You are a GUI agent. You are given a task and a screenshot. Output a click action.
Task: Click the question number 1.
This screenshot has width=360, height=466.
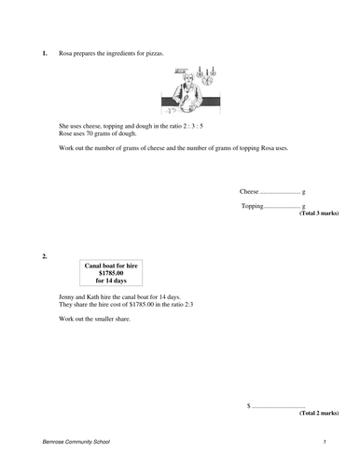point(44,54)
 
